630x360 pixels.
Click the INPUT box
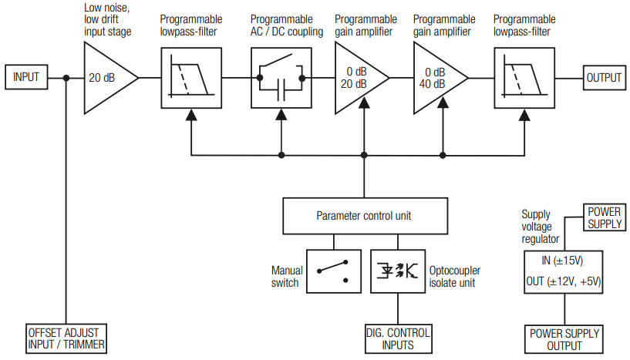coord(26,78)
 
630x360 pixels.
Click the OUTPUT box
coord(604,78)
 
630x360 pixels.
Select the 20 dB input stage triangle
coord(107,78)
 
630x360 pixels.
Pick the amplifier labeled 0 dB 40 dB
coord(436,78)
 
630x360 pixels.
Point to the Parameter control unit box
coord(364,216)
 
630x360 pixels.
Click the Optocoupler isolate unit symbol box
coord(397,270)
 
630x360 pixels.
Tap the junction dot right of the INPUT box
coord(67,78)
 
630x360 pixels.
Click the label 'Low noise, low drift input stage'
coord(107,20)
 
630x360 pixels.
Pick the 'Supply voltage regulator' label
coord(541,227)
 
